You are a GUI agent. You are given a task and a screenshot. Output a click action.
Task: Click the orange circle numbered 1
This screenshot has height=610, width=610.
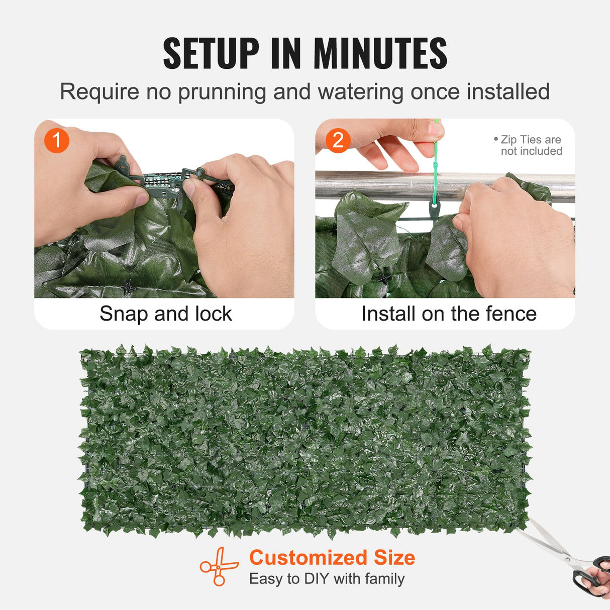point(57,141)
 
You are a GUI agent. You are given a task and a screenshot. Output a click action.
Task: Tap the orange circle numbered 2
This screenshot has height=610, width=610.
point(338,141)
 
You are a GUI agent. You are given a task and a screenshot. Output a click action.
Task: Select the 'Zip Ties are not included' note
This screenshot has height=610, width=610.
point(530,145)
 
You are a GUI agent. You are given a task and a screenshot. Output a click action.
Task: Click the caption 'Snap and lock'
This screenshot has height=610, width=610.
point(165,314)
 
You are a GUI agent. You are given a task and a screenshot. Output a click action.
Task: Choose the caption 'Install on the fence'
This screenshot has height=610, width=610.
point(449,314)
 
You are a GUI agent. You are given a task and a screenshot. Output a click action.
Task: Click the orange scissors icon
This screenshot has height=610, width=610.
point(219,566)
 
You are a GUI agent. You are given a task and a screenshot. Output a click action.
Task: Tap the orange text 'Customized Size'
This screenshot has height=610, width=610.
point(332,558)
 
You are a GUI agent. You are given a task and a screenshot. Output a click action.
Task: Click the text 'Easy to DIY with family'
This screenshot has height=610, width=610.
point(327,579)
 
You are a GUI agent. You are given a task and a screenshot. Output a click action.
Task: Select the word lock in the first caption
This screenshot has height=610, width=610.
point(214,314)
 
